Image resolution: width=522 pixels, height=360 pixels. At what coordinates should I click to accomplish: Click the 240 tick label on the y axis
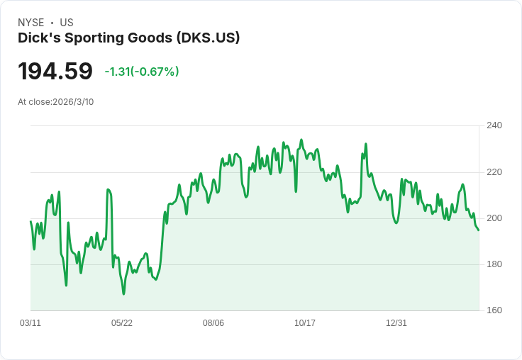[494, 125]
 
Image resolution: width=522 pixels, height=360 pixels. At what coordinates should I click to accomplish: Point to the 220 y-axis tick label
[494, 171]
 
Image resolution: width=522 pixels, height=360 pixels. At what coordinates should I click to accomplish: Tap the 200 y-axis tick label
[494, 218]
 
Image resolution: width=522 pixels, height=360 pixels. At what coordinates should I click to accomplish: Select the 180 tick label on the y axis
[494, 264]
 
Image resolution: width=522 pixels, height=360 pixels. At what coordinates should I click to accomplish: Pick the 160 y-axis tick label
[494, 310]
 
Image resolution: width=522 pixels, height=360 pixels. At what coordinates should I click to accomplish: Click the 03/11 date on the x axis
[30, 323]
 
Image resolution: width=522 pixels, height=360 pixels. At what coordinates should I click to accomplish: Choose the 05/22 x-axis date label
[122, 323]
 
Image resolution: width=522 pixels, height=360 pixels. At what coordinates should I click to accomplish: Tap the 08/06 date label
[213, 323]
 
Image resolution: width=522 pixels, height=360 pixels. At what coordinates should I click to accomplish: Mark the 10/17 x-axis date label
[305, 323]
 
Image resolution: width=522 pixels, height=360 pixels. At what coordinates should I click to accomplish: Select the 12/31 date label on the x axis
[396, 323]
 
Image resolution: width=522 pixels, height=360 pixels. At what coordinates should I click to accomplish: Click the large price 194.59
[55, 72]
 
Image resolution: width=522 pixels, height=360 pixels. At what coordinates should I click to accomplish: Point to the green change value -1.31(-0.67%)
[142, 72]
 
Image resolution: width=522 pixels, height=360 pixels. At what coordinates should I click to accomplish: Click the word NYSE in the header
[30, 23]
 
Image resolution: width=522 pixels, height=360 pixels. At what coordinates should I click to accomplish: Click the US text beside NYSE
[67, 23]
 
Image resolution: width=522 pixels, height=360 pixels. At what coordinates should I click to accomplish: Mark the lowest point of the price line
[123, 293]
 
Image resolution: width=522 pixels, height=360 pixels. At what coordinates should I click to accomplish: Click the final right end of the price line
[479, 230]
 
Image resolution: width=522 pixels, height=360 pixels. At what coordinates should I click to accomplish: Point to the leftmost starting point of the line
[30, 222]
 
